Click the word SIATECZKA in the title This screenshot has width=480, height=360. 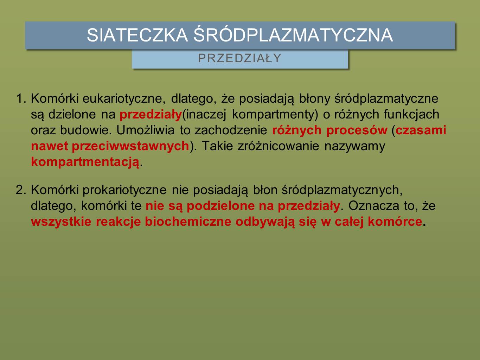[x=137, y=35]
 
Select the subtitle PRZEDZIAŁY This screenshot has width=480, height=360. [x=240, y=58]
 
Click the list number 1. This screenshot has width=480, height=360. [x=21, y=98]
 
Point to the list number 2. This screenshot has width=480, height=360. [x=21, y=190]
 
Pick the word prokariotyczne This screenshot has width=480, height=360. [x=124, y=190]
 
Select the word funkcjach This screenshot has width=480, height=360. [x=411, y=114]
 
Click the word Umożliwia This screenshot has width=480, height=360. [x=146, y=130]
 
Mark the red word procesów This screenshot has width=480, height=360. [x=357, y=131]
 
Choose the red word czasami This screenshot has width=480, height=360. [x=421, y=130]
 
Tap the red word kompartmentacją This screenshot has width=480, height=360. [x=85, y=162]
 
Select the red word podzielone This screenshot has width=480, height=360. [x=221, y=206]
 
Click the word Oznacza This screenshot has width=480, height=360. [x=374, y=206]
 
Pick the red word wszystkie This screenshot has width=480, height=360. [x=61, y=221]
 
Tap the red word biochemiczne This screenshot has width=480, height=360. [x=188, y=221]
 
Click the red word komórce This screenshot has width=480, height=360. [x=395, y=221]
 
